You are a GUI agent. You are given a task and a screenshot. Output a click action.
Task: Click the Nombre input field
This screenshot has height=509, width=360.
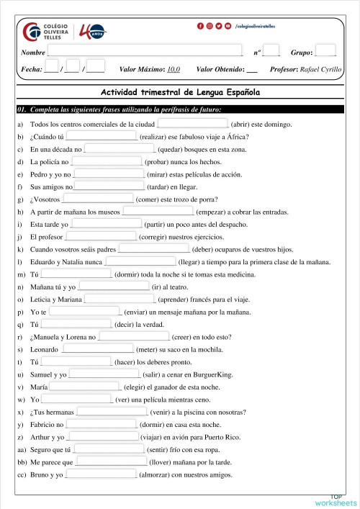144,52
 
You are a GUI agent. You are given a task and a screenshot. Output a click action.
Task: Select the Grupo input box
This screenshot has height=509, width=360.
325,51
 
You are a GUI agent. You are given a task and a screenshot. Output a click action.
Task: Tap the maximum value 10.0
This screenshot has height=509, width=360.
173,70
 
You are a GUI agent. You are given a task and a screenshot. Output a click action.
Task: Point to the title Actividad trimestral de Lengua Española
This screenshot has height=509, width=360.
180,93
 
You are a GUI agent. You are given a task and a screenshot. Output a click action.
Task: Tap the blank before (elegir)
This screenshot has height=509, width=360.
84,387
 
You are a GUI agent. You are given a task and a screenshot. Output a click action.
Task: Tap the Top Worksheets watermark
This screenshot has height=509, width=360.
336,500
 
